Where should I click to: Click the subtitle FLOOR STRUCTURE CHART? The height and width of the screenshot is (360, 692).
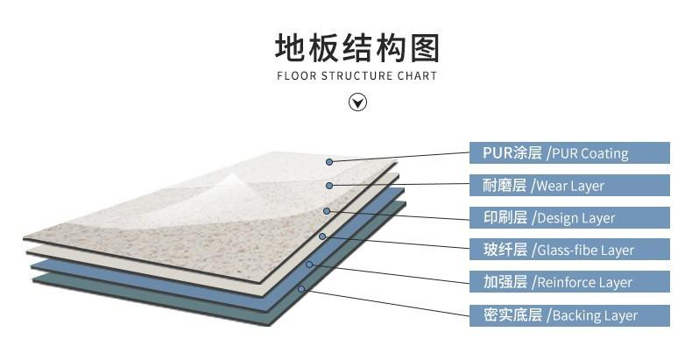pos(357,76)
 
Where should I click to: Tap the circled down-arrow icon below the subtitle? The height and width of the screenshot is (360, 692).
pos(357,102)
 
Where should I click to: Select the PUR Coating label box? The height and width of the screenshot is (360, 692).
pos(569,153)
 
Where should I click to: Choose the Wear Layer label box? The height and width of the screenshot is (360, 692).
pos(569,186)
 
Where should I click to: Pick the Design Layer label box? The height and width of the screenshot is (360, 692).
pos(569,218)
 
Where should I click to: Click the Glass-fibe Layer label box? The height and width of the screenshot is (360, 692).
pos(569,251)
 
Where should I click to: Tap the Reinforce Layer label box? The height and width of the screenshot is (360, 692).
pos(569,282)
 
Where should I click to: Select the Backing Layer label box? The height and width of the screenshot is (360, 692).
pos(569,315)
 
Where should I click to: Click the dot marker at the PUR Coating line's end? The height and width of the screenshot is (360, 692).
pos(329,162)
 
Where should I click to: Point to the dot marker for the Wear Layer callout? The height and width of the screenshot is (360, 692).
pos(329,186)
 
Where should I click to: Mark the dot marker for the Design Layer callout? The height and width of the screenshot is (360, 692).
pos(327,211)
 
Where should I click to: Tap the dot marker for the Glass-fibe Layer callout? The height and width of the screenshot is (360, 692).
pos(322,236)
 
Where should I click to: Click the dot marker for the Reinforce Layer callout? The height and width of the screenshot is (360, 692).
pos(309,264)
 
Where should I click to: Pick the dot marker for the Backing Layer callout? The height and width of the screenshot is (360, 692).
pos(301,288)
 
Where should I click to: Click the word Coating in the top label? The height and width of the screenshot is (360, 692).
pos(604,154)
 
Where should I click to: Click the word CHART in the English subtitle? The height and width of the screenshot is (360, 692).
pos(418,76)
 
